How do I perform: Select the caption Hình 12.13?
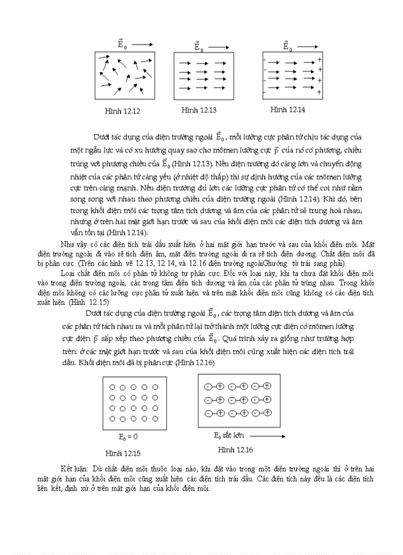(x=199, y=110)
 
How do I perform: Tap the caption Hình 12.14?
(x=287, y=109)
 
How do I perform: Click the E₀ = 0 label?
(x=128, y=437)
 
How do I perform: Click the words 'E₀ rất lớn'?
(x=228, y=435)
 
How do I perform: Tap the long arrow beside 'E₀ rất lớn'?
(x=267, y=436)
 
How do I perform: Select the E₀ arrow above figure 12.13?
(x=218, y=47)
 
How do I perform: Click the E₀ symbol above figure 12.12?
(x=121, y=44)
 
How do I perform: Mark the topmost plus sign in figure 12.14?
(x=320, y=60)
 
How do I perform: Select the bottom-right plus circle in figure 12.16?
(x=267, y=412)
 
